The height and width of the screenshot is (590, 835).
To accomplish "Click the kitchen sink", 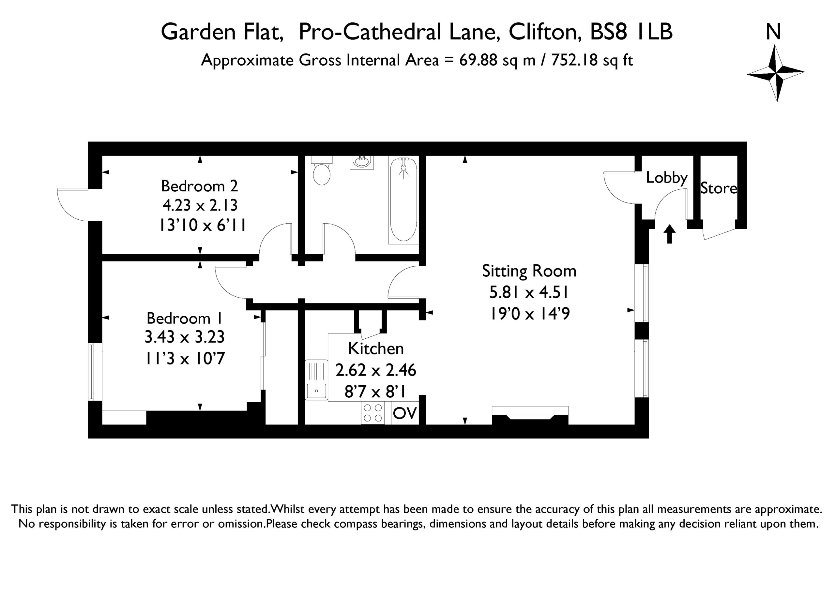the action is coord(316,380).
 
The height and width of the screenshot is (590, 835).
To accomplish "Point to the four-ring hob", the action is coord(373,413).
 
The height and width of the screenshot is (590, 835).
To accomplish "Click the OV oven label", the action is coord(405,413).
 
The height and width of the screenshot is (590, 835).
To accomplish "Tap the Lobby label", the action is coord(667,178).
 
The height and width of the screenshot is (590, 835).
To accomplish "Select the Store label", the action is coord(719,188).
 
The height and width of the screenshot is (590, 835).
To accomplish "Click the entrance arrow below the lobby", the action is coord(670,234).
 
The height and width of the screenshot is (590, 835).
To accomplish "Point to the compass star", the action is coord(776,73).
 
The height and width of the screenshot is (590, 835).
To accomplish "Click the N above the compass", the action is coord(774,32).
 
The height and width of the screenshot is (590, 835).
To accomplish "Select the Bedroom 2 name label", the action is coord(199,186).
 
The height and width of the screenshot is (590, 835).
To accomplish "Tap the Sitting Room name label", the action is coord(529,271).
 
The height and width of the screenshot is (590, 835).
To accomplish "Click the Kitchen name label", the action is coord(376,348).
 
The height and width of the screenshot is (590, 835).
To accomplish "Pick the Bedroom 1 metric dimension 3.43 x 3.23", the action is coord(184,337).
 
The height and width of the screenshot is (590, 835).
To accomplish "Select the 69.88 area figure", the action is coord(478,60).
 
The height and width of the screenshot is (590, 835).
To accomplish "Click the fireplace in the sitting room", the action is coord(530,415).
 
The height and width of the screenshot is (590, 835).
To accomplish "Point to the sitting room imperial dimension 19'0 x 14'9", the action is coord(530,313).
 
